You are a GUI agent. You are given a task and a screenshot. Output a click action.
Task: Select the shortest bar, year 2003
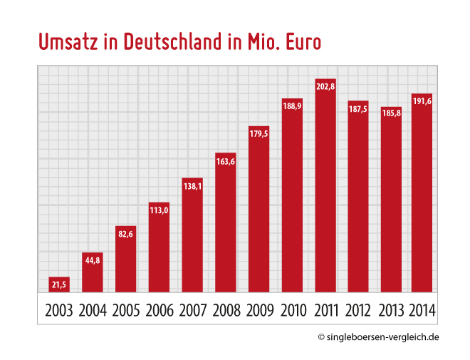[59, 284]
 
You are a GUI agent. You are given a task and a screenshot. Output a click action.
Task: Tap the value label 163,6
[226, 160]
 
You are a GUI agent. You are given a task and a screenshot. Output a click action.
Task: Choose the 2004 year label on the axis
[93, 311]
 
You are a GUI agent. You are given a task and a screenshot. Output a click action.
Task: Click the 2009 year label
[259, 311]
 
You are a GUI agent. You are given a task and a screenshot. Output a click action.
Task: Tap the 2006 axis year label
[159, 311]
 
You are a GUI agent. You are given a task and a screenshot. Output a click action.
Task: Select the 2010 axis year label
[293, 311]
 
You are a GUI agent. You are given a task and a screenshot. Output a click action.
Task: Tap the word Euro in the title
[302, 42]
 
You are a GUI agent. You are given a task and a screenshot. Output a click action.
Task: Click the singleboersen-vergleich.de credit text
[383, 337]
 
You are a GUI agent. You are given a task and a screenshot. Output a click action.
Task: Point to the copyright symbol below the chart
[321, 337]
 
